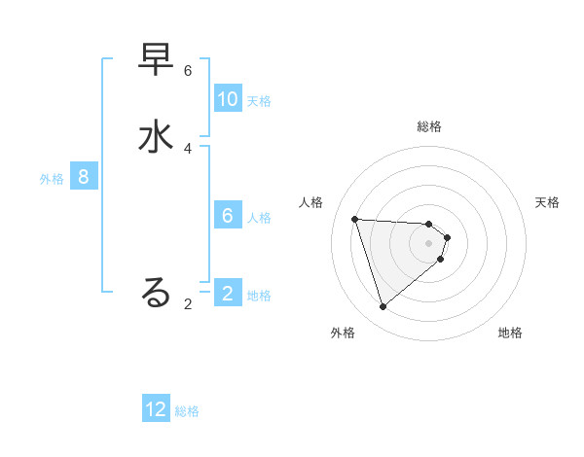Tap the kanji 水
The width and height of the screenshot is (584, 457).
(x=157, y=136)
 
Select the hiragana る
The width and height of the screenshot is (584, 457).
(x=157, y=292)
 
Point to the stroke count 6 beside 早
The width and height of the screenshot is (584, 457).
(x=188, y=71)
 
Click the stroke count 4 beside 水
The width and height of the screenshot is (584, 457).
(x=188, y=148)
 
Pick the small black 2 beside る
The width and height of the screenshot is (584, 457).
(x=188, y=304)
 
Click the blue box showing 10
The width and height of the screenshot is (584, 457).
(x=228, y=99)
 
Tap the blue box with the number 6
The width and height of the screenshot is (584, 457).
(x=228, y=216)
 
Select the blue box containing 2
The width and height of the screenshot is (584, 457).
(x=228, y=294)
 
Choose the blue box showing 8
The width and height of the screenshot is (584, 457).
(x=84, y=177)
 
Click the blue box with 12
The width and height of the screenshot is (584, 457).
(x=156, y=409)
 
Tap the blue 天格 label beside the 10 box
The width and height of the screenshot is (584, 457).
(x=259, y=101)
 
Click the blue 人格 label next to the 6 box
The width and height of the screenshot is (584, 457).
(x=259, y=218)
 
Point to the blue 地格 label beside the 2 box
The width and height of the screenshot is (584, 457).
(x=259, y=296)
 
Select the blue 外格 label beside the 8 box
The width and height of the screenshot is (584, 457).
(x=52, y=179)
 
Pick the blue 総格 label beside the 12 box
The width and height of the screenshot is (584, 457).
(x=187, y=411)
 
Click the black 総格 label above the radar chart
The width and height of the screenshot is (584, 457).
(x=429, y=126)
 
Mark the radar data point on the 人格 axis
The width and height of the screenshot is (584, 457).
(x=355, y=219)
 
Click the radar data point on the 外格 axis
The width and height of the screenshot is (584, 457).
(x=383, y=307)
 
